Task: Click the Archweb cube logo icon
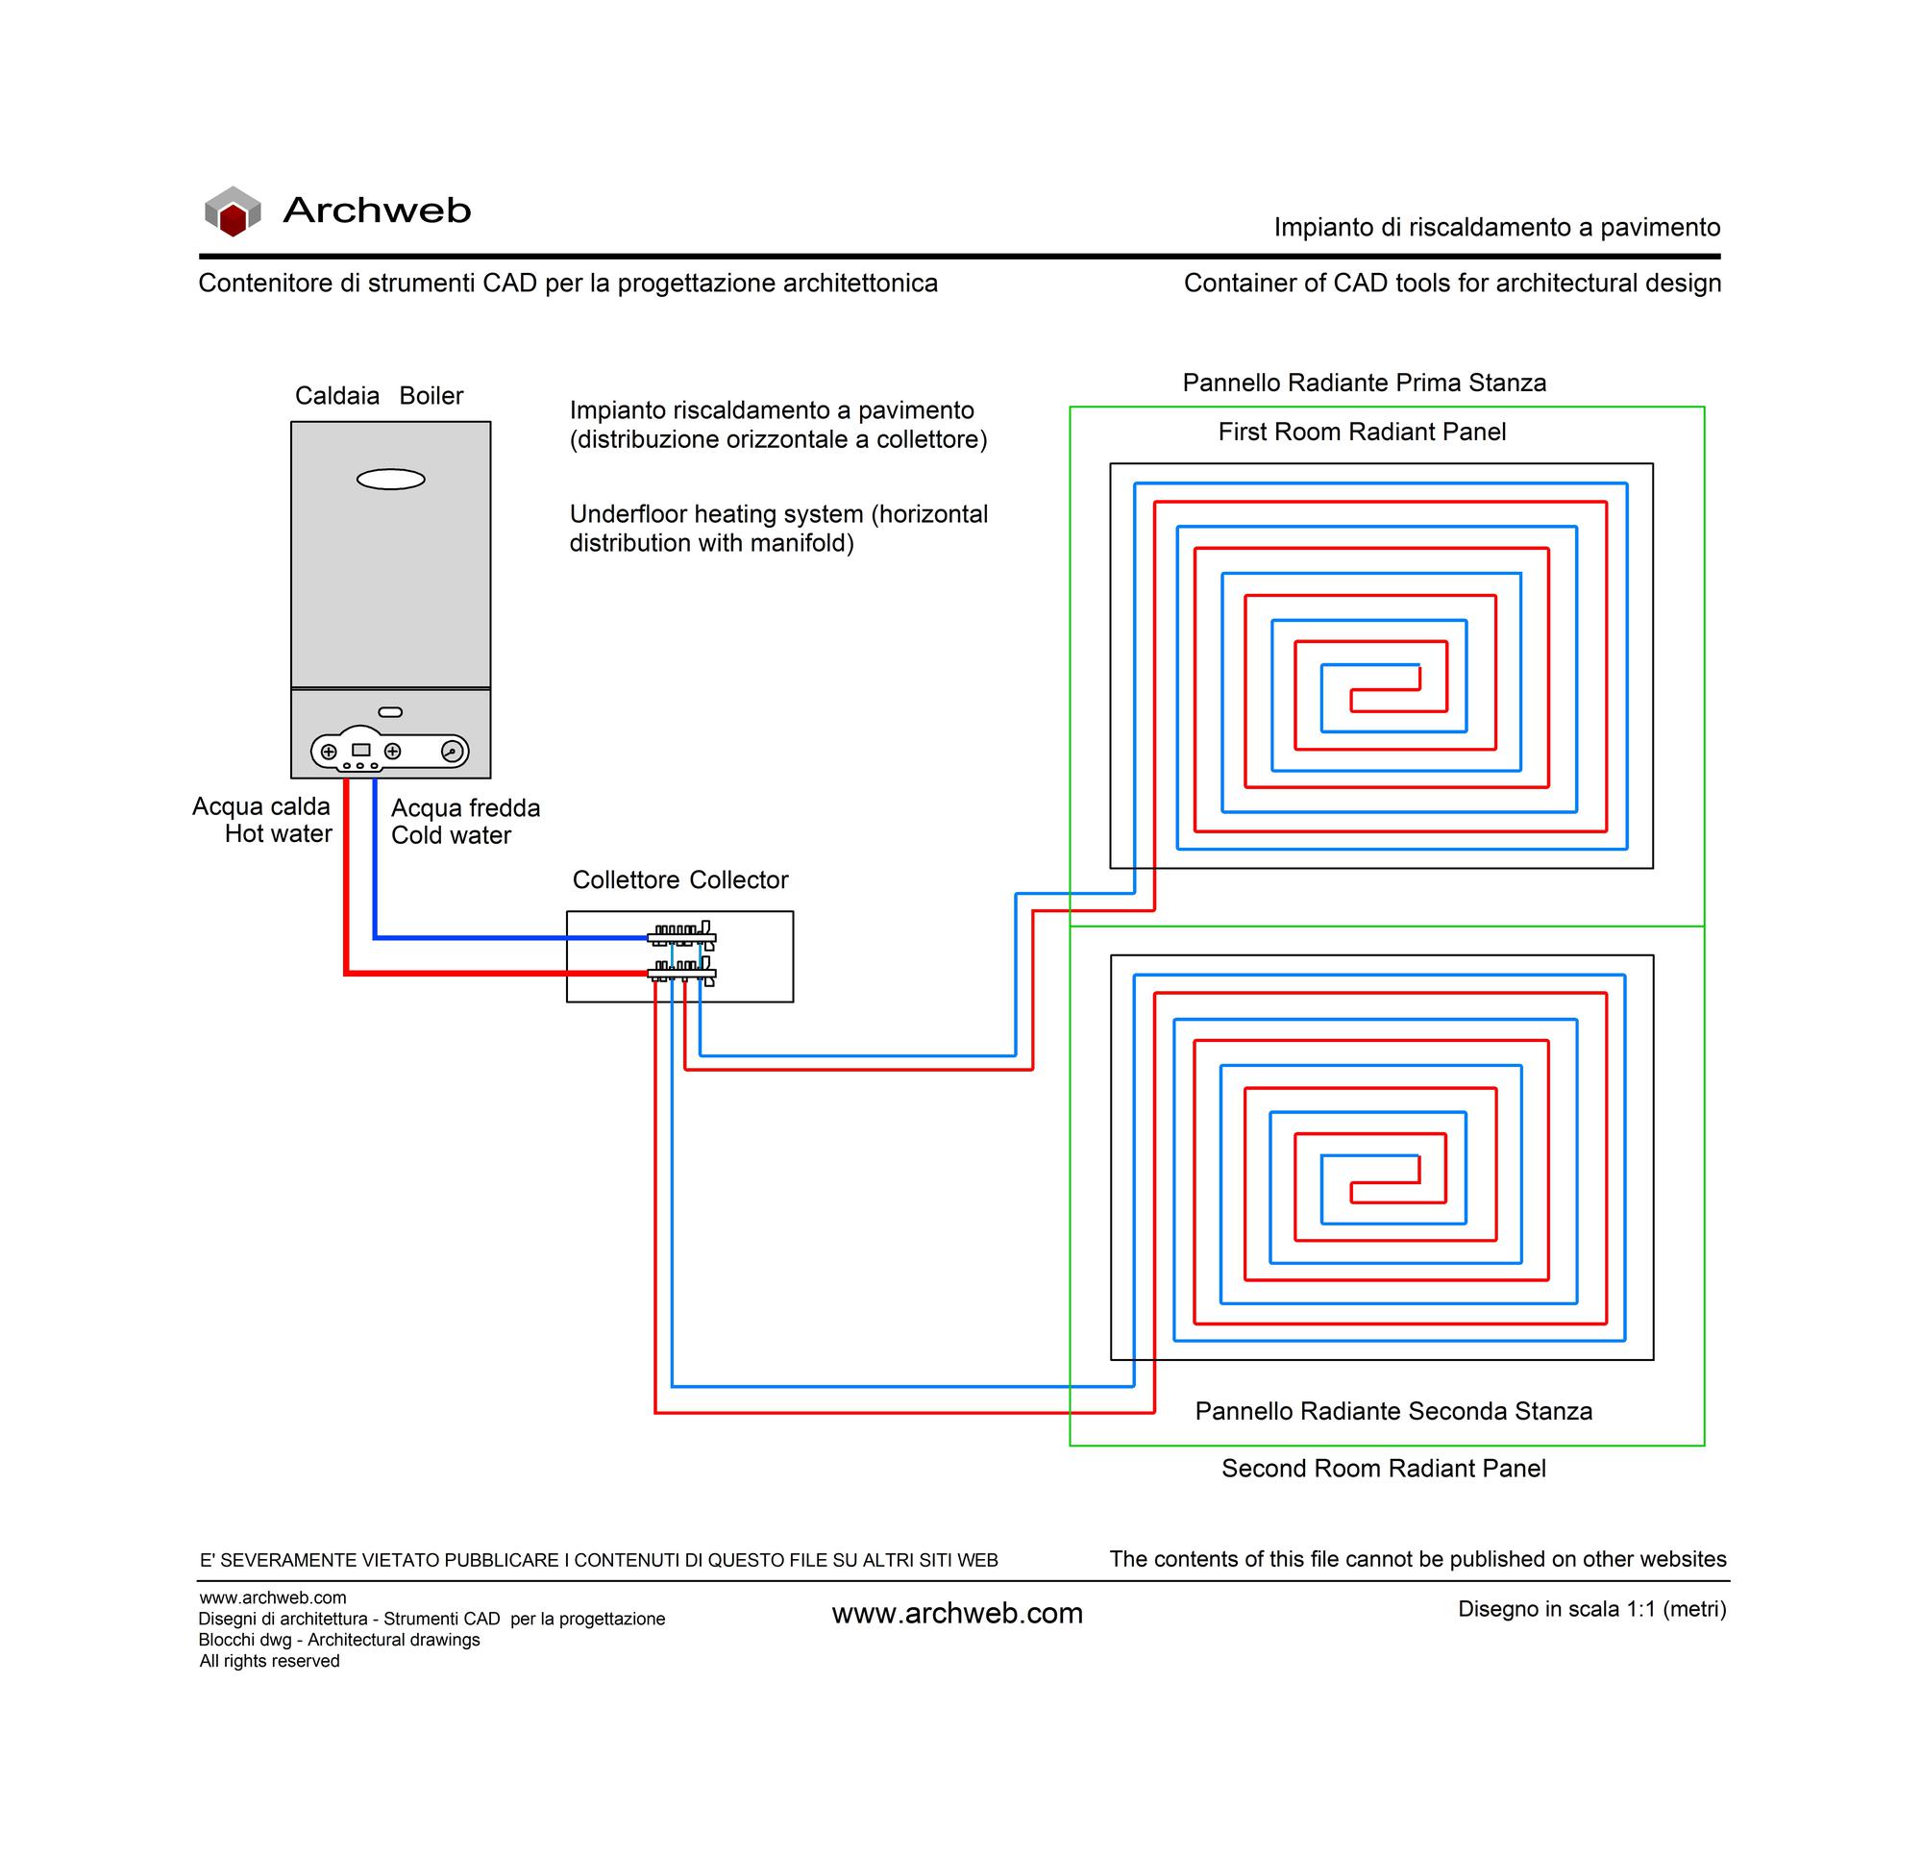(233, 210)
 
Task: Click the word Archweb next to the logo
(377, 210)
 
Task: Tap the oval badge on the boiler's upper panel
(390, 480)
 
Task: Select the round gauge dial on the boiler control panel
(452, 752)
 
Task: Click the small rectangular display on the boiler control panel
(361, 751)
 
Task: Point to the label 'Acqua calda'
(260, 806)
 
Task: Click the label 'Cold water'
(451, 835)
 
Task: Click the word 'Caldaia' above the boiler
(337, 395)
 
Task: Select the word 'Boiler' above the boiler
(431, 395)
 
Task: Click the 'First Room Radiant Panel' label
(1362, 432)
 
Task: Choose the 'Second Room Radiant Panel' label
(1384, 1468)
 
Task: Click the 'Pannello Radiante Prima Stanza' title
(1364, 383)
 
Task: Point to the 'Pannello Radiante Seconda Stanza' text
(1393, 1411)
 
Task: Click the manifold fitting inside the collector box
(682, 953)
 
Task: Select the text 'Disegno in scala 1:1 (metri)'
(1592, 1609)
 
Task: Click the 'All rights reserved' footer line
(270, 1661)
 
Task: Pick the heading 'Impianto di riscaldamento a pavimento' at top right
(1497, 228)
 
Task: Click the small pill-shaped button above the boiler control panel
(390, 712)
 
